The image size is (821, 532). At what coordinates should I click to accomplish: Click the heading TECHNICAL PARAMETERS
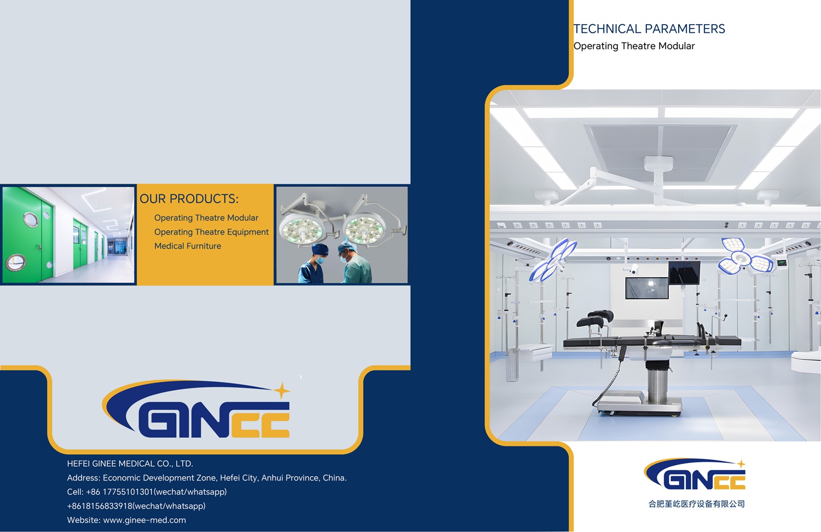tap(649, 28)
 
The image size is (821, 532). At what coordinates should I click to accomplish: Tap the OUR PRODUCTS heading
tap(189, 198)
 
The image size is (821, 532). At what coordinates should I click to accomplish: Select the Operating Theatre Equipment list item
tap(211, 232)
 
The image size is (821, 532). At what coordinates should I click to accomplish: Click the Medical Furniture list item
tap(188, 246)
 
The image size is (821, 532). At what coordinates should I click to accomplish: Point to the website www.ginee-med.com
tap(144, 520)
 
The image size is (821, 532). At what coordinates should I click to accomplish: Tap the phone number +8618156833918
tap(100, 506)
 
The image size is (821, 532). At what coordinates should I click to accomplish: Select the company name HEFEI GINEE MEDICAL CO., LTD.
tap(130, 464)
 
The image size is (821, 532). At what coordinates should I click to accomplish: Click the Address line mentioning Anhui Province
tap(207, 478)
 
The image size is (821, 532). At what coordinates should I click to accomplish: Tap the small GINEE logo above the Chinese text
tap(695, 474)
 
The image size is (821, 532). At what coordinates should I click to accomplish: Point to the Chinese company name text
tap(696, 504)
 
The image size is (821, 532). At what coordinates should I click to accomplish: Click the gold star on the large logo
tap(282, 391)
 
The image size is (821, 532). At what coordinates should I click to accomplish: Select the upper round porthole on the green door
tap(31, 219)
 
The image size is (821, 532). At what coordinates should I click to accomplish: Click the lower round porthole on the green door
tap(15, 262)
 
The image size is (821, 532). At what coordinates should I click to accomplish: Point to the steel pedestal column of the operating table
tap(657, 381)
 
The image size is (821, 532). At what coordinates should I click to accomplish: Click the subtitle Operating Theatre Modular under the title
tap(634, 46)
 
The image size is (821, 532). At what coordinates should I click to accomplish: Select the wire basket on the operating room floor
tap(512, 364)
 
